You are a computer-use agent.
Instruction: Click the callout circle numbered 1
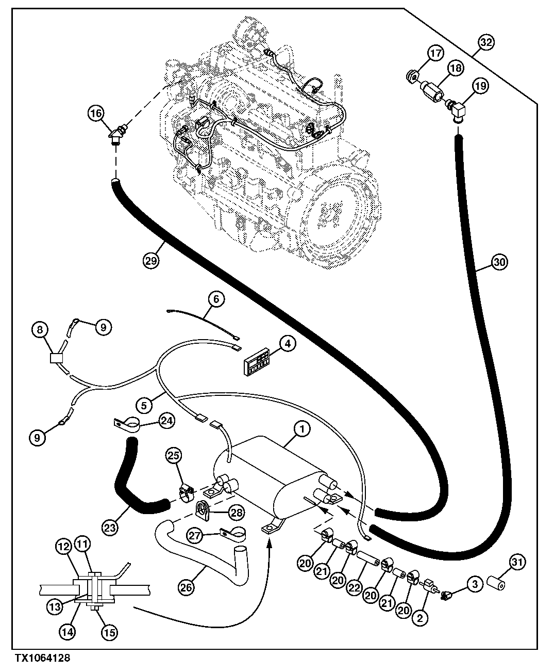click(x=301, y=428)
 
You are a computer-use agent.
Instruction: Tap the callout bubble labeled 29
click(x=151, y=261)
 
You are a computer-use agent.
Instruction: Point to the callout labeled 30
click(x=498, y=263)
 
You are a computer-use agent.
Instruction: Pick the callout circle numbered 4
click(x=288, y=343)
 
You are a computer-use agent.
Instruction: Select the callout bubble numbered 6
click(x=216, y=298)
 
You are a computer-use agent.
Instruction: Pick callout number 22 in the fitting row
click(x=366, y=581)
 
